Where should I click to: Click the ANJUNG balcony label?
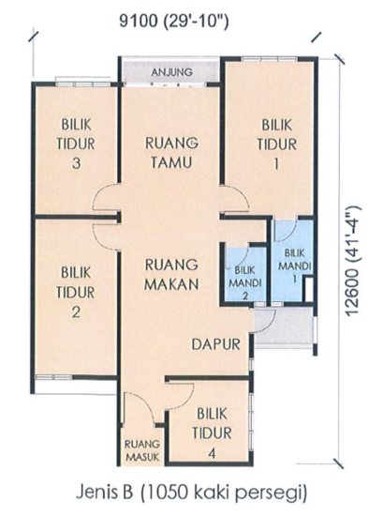[x=171, y=70]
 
